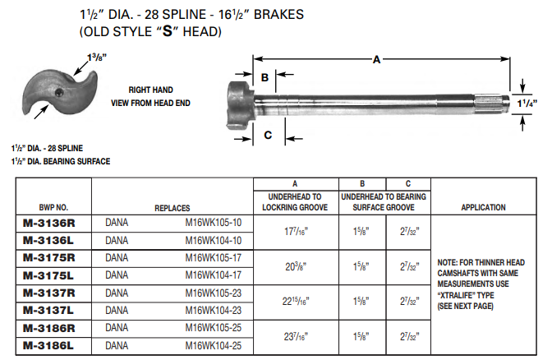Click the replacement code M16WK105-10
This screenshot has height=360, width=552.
tap(214, 222)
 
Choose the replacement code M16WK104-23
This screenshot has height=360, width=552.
tap(214, 311)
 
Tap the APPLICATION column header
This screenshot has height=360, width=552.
tap(483, 207)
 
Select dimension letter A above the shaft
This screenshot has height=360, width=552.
tap(377, 59)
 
